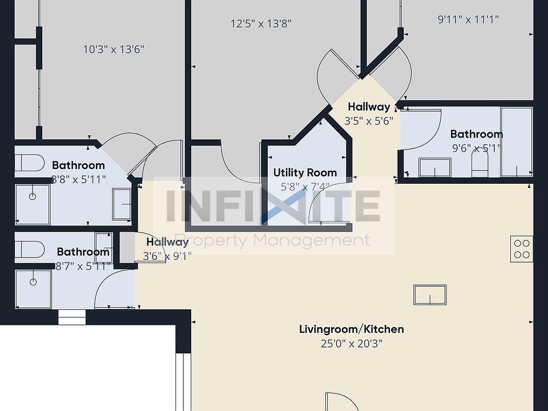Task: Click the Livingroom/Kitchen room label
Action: pos(351,329)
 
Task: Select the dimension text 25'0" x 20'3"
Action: pos(351,344)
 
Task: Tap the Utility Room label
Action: pos(305,172)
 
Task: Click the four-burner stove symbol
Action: pos(522,248)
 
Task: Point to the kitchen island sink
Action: pos(430,295)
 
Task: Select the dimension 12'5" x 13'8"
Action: pos(261,24)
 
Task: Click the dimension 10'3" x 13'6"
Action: pos(114,50)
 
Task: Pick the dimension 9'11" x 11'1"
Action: pos(468,19)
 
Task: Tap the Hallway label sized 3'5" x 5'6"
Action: pos(369,107)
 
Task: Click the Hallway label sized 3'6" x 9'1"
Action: pos(167,242)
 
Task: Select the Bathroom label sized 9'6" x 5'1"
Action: pos(476,134)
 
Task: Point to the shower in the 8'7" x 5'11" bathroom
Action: pos(33,289)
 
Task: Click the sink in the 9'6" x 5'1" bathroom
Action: pos(434,168)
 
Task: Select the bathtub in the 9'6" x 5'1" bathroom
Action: pos(516,141)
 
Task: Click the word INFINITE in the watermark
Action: pos(273,207)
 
